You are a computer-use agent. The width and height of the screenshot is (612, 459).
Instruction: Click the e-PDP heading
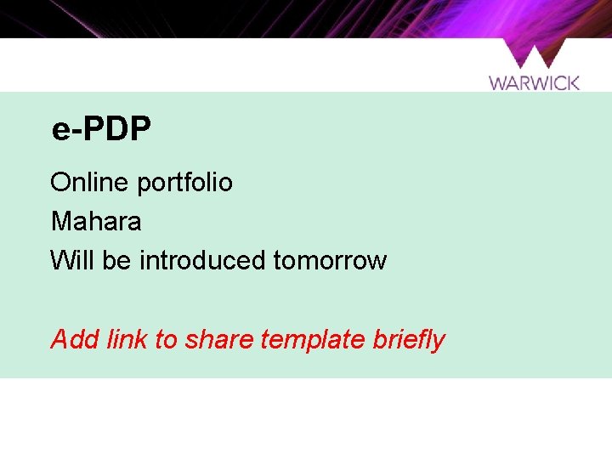102,129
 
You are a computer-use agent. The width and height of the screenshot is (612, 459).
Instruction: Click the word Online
78,182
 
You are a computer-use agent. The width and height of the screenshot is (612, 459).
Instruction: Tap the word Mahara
96,222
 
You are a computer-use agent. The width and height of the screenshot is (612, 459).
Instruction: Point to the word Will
72,260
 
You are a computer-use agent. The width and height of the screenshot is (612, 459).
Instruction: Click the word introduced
202,260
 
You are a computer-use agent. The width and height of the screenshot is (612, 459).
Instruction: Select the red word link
127,339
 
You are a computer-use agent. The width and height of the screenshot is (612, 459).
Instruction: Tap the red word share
218,340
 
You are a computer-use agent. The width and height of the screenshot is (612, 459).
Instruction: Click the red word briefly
409,340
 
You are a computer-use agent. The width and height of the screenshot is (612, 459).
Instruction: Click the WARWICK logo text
534,82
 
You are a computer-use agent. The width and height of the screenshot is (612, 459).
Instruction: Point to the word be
116,260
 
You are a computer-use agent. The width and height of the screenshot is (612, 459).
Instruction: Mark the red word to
167,340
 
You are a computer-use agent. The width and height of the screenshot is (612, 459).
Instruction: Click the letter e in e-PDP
60,131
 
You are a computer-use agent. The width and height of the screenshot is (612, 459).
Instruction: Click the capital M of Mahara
60,222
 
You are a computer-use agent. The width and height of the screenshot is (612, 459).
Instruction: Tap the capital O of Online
60,182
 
